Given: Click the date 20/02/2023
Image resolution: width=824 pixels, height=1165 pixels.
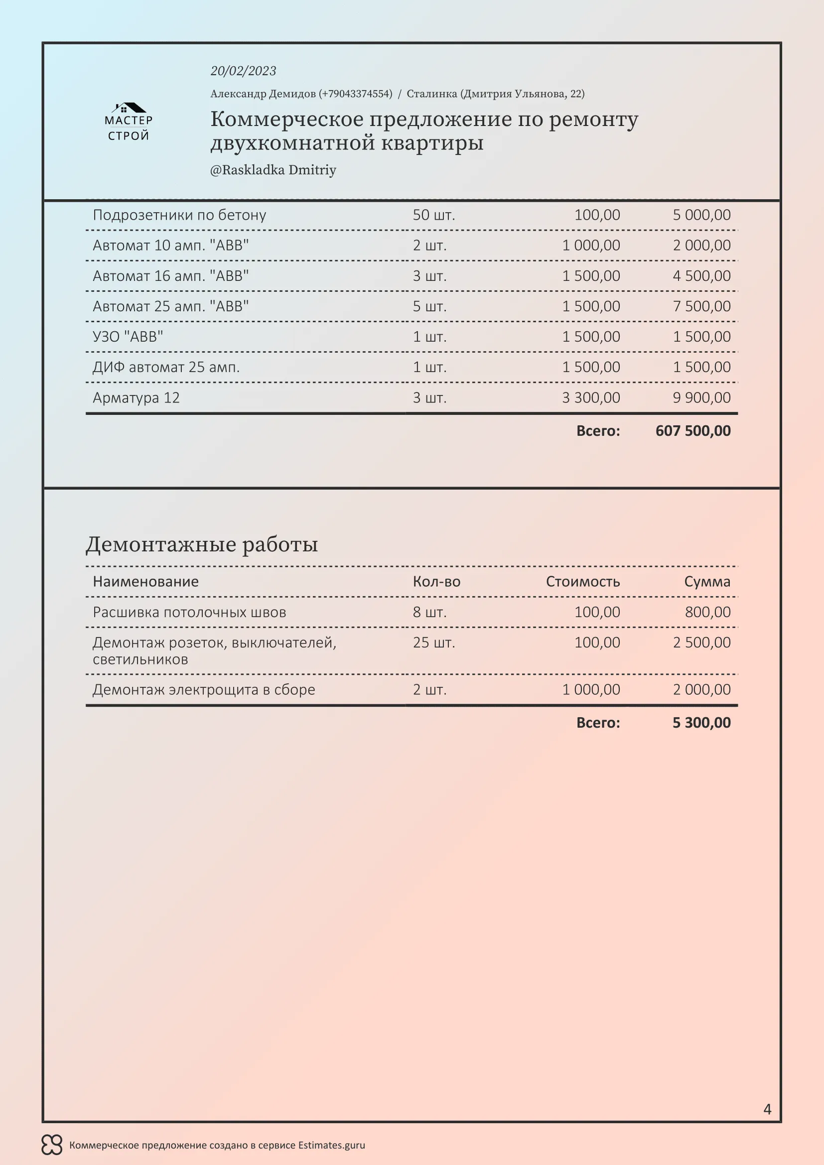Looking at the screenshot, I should tap(243, 71).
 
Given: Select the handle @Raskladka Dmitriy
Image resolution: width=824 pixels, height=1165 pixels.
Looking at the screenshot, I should tap(273, 170).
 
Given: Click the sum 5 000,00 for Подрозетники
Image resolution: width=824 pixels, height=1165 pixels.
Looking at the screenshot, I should tap(701, 215).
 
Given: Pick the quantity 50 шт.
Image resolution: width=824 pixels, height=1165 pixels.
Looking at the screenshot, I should tap(434, 215).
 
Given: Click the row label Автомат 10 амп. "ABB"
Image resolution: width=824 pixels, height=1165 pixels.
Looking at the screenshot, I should tap(170, 246).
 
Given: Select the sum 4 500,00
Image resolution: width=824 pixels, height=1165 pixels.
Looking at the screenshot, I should tap(701, 276).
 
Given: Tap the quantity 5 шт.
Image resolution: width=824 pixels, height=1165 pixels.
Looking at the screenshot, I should tap(430, 306).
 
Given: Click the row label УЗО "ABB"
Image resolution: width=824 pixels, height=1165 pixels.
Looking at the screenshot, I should tap(128, 337).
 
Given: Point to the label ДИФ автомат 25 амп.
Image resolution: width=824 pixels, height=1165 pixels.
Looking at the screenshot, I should tap(166, 368).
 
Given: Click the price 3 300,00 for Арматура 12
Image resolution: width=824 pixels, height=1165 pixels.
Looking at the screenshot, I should tap(591, 398).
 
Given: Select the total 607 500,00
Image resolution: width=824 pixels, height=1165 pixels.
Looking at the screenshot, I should tap(692, 431).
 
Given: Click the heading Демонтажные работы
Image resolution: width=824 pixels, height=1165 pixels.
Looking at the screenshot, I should tap(201, 544).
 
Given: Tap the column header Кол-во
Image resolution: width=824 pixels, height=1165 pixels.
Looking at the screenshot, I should tap(436, 581).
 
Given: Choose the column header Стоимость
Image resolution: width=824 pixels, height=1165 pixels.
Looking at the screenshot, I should tap(582, 581).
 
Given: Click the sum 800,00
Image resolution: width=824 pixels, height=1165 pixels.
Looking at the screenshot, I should tap(707, 612).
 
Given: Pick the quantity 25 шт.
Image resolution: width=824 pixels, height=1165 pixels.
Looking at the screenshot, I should tap(434, 643).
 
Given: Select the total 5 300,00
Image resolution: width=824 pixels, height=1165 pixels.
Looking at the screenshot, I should tap(701, 723).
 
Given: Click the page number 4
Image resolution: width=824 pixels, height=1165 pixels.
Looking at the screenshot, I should tap(767, 1109).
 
